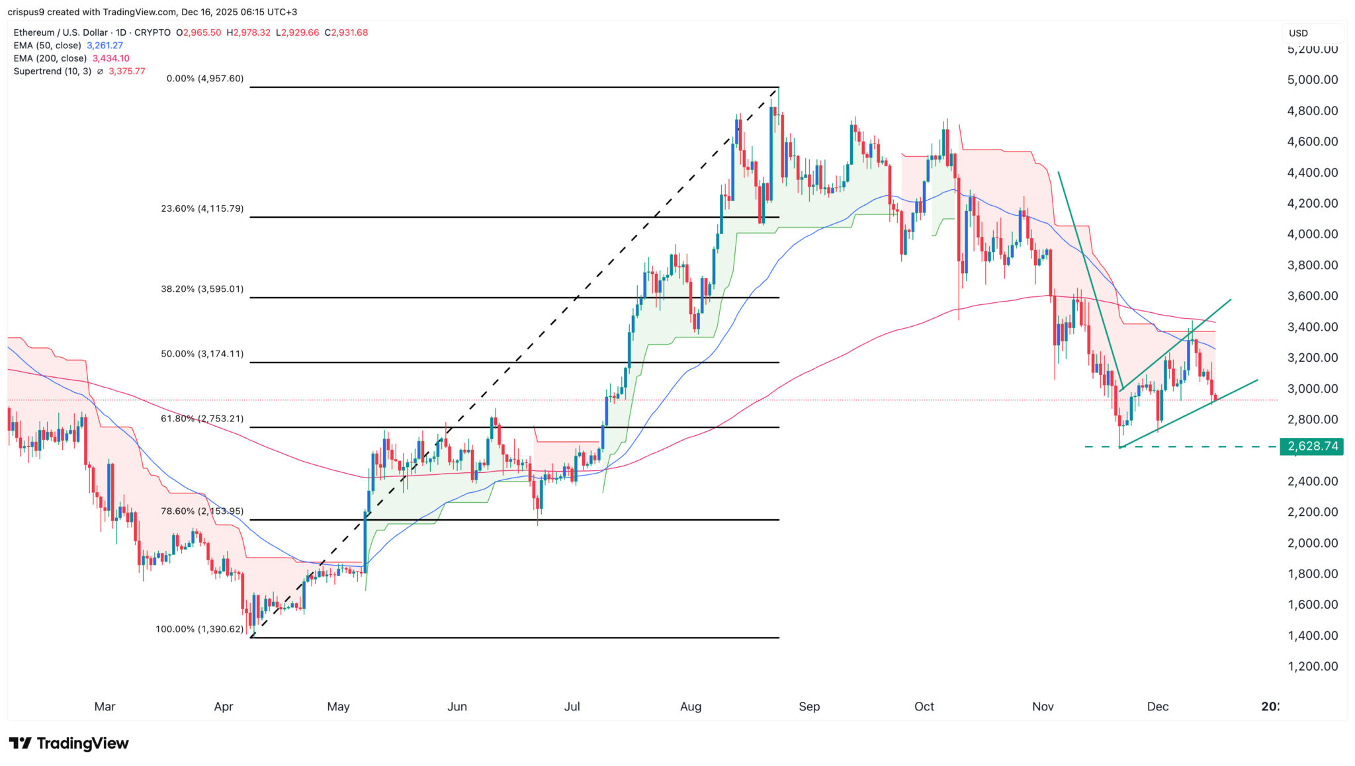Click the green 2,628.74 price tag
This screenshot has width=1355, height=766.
pos(1313,447)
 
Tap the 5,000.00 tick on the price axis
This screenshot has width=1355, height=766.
pos(1313,79)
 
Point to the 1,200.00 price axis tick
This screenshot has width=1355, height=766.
pos(1313,666)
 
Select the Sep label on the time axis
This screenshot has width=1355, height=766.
pos(809,706)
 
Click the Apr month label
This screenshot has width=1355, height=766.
pos(224,706)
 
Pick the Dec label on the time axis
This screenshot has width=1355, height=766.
pos(1158,706)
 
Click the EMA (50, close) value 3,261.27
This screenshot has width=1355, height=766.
pos(105,46)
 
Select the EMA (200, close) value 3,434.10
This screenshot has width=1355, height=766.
pos(110,58)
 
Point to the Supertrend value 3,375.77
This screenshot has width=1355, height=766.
pos(127,71)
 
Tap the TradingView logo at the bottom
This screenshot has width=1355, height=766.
pos(69,744)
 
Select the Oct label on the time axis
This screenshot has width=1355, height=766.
pos(924,706)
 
